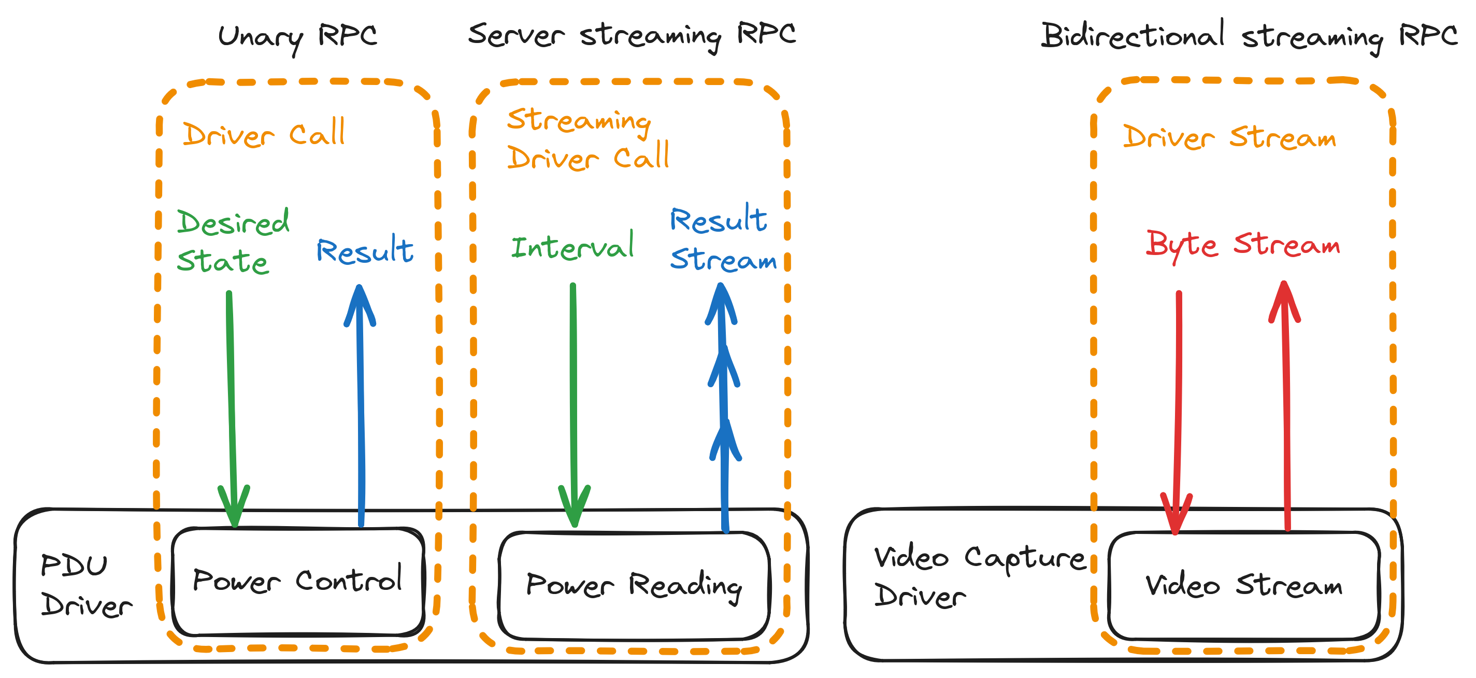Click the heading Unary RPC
(x=297, y=37)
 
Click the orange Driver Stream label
(x=1229, y=137)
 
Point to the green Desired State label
(x=233, y=241)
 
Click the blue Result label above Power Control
(x=364, y=250)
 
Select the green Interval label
(x=572, y=247)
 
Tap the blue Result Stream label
(x=723, y=239)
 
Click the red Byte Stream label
(x=1243, y=245)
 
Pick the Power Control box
(x=297, y=581)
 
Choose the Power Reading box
(x=634, y=585)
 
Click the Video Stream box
(x=1243, y=585)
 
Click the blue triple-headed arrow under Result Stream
(x=724, y=407)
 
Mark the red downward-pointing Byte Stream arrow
(x=1178, y=413)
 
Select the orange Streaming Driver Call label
(x=588, y=139)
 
